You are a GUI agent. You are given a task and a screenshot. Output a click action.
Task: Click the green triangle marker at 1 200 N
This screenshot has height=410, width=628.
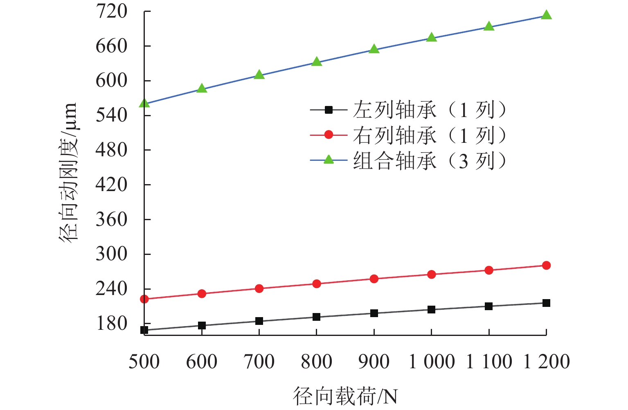(546, 16)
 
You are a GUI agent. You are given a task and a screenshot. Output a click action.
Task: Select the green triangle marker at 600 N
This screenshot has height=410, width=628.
(202, 88)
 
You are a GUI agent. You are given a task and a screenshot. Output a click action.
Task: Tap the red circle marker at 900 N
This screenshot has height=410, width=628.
(374, 279)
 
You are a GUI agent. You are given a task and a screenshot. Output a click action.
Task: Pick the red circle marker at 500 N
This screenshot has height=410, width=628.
(144, 299)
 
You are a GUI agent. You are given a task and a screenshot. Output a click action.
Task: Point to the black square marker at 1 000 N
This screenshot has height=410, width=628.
(431, 310)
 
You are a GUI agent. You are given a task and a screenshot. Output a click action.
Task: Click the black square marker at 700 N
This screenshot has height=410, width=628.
(259, 321)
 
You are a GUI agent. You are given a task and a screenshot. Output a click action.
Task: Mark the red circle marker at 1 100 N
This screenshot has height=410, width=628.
(489, 270)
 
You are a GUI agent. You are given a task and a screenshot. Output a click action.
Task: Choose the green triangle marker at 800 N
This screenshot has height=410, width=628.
(317, 62)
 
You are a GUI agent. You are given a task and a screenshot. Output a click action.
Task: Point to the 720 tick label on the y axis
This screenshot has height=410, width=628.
(112, 11)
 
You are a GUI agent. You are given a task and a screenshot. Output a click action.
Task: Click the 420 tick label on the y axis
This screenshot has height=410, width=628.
(112, 185)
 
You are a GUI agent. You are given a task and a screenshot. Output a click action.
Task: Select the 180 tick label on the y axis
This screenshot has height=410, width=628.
(112, 323)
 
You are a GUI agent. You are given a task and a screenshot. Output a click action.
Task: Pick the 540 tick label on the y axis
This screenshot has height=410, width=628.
(112, 115)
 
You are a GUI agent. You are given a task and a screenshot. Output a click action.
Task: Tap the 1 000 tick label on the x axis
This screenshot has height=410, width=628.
(432, 362)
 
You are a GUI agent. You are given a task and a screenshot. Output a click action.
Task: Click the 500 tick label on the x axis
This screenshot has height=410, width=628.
(144, 362)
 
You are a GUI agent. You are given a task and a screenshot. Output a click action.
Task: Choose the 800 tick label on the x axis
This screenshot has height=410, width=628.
(317, 362)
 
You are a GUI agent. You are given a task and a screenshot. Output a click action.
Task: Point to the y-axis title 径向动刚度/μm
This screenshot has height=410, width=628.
(68, 173)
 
